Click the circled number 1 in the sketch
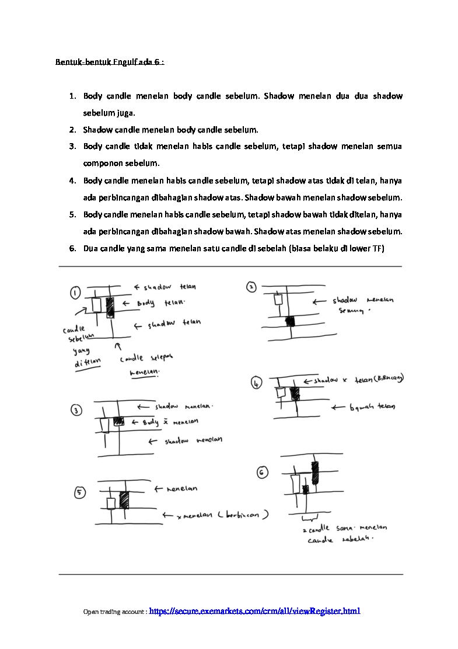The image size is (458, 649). [x=76, y=292]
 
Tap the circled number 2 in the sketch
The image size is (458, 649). [x=250, y=287]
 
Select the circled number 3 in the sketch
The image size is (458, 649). [x=77, y=411]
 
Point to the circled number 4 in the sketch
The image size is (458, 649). [x=257, y=383]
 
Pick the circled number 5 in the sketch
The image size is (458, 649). [x=79, y=493]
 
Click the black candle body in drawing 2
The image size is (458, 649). [x=290, y=321]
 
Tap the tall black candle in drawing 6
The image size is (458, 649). [x=316, y=472]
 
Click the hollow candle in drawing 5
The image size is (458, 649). [x=111, y=504]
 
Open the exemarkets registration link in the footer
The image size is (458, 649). [x=254, y=611]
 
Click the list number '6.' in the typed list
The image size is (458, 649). [x=72, y=248]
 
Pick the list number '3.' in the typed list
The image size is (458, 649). [x=72, y=146]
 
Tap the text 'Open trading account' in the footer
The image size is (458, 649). [x=114, y=612]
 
